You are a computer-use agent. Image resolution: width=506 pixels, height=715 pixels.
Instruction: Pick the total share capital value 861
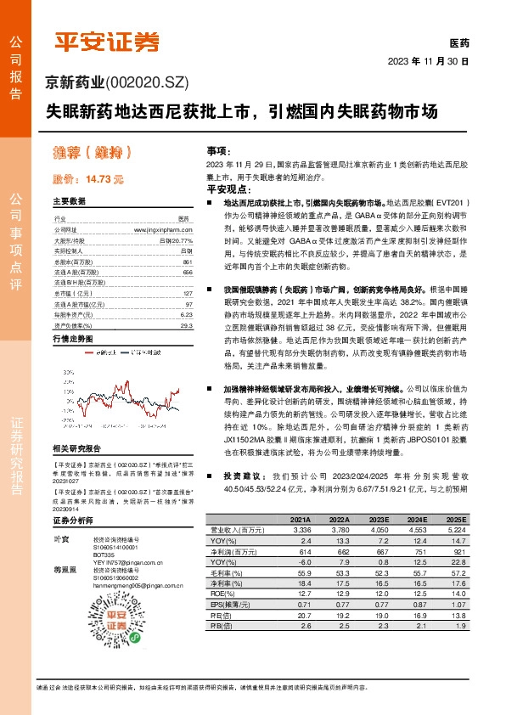(x=188, y=263)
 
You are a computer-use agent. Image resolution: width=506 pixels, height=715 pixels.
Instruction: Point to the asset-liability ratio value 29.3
(x=187, y=325)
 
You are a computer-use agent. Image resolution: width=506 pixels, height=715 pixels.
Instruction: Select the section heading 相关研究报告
(x=76, y=448)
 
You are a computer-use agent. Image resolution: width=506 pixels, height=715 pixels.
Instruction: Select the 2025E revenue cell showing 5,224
(x=456, y=528)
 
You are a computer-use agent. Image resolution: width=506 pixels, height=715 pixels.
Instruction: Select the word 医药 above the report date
(x=458, y=42)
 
